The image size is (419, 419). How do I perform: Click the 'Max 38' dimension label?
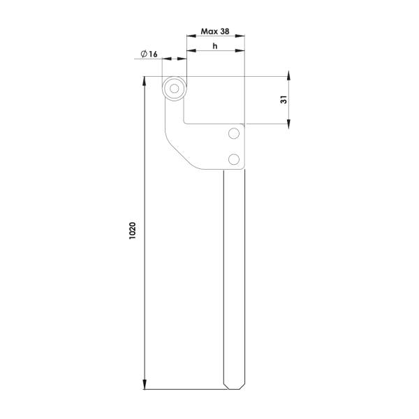coord(215,31)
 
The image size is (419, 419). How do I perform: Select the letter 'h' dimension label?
coord(215,46)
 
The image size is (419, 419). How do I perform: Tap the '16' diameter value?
coord(153,54)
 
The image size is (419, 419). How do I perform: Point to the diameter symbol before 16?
coord(144,54)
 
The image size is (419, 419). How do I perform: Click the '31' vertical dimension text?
coord(284,99)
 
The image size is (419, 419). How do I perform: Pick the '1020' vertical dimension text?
coord(132,230)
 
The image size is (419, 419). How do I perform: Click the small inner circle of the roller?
coord(174,89)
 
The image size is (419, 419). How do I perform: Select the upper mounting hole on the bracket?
coord(234,133)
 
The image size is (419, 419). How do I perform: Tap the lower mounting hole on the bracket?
coord(234,159)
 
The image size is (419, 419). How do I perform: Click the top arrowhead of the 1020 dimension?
coord(145,81)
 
